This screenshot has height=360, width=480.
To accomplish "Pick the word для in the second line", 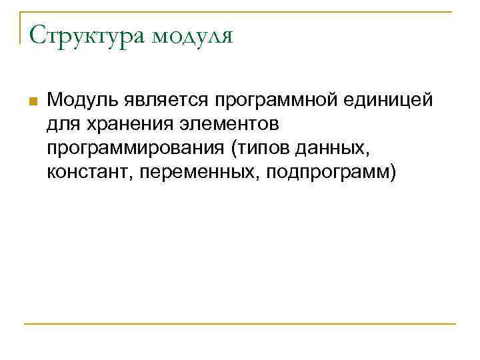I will click(x=61, y=125).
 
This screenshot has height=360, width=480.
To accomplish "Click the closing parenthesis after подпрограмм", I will click(x=393, y=173).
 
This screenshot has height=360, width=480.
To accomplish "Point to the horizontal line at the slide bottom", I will click(x=240, y=324).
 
